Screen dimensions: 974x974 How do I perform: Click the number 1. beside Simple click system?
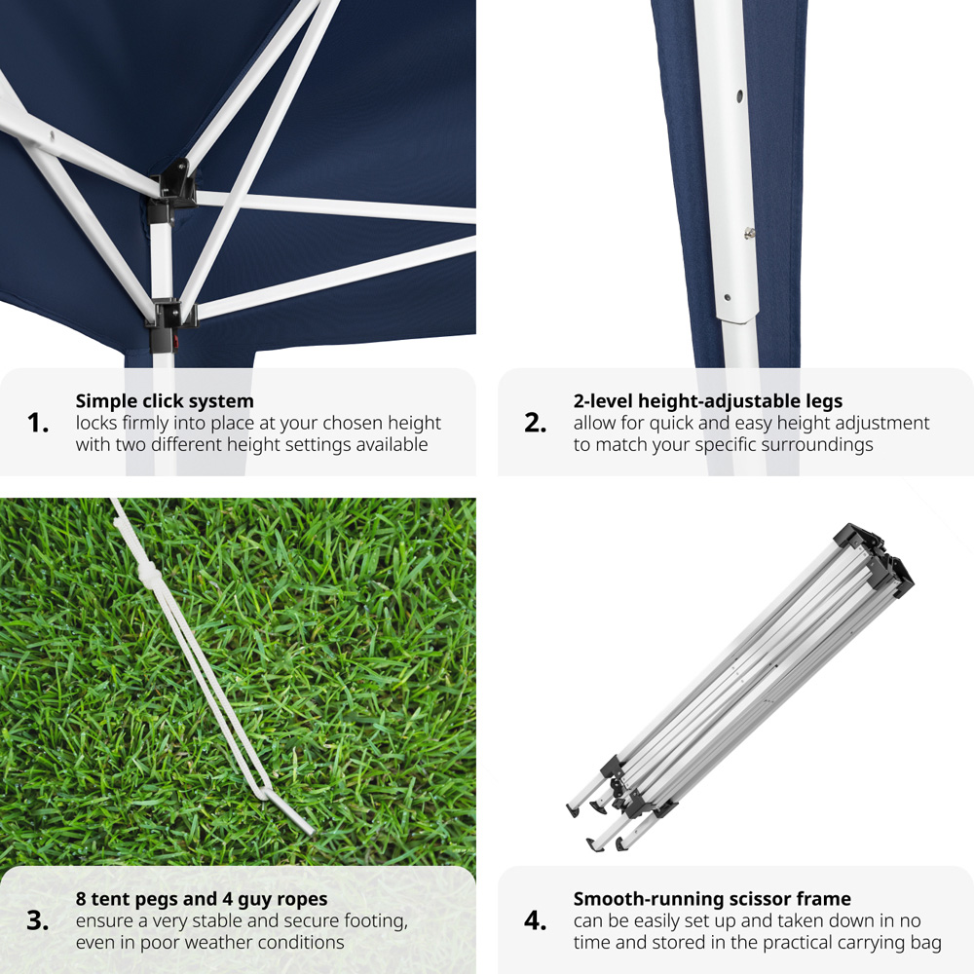(x=38, y=423)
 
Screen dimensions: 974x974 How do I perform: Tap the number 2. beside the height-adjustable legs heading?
(x=536, y=423)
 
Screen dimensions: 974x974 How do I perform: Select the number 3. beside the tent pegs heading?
(x=38, y=920)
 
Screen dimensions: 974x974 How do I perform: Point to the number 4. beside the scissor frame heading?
(x=536, y=920)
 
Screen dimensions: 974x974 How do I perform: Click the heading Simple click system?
(x=165, y=401)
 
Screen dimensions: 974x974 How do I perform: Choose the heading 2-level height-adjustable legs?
(x=707, y=401)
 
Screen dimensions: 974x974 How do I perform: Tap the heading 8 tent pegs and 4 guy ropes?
(x=202, y=899)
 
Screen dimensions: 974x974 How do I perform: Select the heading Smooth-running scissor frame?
(x=712, y=899)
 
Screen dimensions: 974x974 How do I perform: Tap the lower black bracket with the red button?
(x=169, y=321)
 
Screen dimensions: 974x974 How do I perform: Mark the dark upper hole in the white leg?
(x=739, y=96)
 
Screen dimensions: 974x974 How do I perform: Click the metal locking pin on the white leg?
(x=750, y=233)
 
